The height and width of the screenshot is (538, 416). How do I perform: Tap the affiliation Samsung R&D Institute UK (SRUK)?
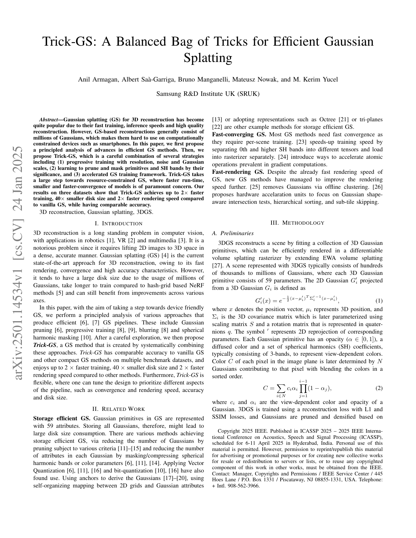[208, 94]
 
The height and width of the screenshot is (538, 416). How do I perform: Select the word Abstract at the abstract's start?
[48, 119]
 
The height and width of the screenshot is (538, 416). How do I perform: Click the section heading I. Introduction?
[118, 223]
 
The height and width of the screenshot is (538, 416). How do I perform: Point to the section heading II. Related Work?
[118, 409]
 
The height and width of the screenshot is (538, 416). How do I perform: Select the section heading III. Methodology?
[297, 223]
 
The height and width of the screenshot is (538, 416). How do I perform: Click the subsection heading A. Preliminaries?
[233, 233]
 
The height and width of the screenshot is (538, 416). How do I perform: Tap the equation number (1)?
[378, 301]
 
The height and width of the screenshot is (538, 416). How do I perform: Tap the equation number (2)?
[378, 388]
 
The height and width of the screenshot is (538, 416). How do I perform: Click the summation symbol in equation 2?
[280, 388]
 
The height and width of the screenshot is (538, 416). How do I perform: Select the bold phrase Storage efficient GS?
[62, 418]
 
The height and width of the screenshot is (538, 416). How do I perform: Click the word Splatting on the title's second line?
[208, 58]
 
